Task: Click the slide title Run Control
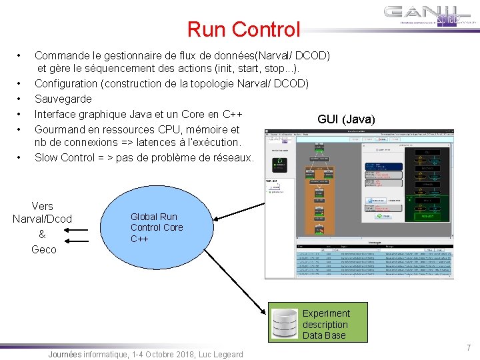point(243,29)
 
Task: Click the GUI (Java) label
point(346,119)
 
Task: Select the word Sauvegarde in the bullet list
point(63,99)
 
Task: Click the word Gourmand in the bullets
point(59,129)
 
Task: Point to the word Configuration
point(66,83)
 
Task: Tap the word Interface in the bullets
point(57,113)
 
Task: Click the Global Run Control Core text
point(156,227)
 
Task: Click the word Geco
point(44,249)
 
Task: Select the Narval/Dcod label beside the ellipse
point(43,219)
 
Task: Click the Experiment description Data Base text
point(325,324)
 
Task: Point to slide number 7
point(468,347)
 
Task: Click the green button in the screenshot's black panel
point(281,161)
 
